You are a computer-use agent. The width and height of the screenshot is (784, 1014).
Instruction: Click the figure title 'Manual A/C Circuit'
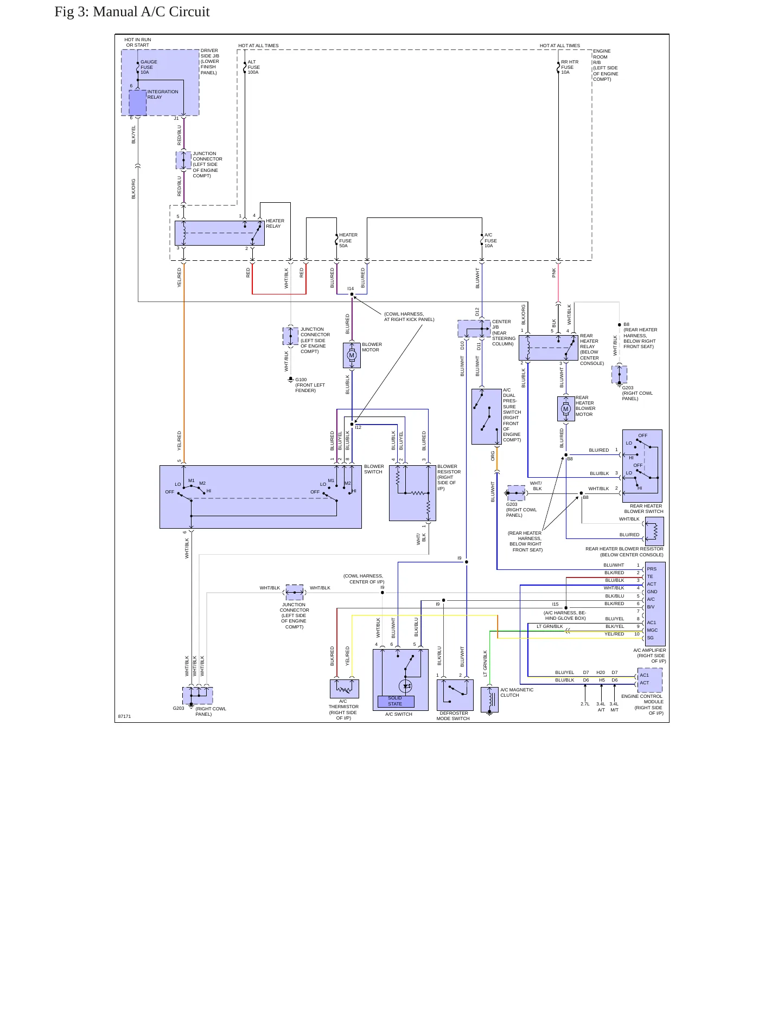click(x=151, y=12)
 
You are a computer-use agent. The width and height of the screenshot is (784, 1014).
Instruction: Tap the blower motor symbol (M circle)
click(x=352, y=356)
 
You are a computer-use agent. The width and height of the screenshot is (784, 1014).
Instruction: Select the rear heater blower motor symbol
click(x=566, y=409)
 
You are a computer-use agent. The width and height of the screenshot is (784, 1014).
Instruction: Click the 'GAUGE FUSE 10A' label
click(x=149, y=67)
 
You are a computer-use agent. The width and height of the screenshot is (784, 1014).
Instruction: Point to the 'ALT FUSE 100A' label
click(x=254, y=67)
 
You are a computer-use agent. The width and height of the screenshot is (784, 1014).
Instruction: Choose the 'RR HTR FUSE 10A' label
click(x=570, y=67)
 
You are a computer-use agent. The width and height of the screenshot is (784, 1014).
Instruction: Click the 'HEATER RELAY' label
click(x=275, y=223)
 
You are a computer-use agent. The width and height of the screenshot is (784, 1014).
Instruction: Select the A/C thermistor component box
click(x=345, y=689)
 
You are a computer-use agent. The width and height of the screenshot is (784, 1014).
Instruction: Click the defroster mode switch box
click(x=455, y=695)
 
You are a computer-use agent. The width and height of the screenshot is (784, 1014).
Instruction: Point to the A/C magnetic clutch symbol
click(x=489, y=699)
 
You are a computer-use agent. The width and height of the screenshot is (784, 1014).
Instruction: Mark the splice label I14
click(x=350, y=289)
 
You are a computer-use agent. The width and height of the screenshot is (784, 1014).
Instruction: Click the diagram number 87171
click(x=124, y=716)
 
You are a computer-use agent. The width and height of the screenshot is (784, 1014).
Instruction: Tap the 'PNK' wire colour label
click(x=554, y=273)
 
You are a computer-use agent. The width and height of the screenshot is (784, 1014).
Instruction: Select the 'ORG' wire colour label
click(x=493, y=455)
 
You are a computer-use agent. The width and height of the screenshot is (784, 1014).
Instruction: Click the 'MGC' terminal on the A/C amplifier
click(x=652, y=630)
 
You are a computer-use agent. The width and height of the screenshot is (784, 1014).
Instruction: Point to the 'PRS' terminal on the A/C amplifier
click(x=652, y=569)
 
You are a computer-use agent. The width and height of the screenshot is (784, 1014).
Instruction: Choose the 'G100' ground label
click(x=301, y=380)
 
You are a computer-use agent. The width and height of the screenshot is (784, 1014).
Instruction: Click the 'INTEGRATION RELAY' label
click(x=163, y=94)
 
